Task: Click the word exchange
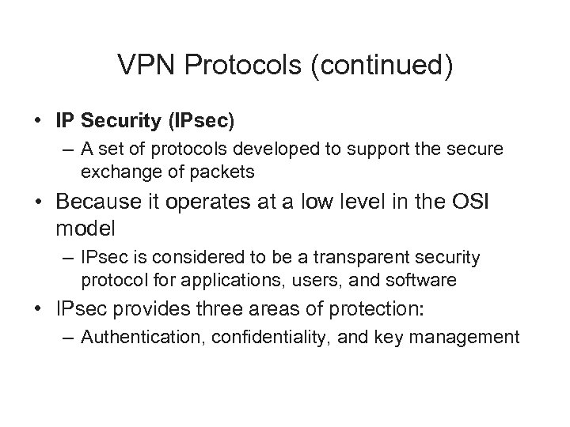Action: [x=112, y=171]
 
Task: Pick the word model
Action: [x=86, y=229]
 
